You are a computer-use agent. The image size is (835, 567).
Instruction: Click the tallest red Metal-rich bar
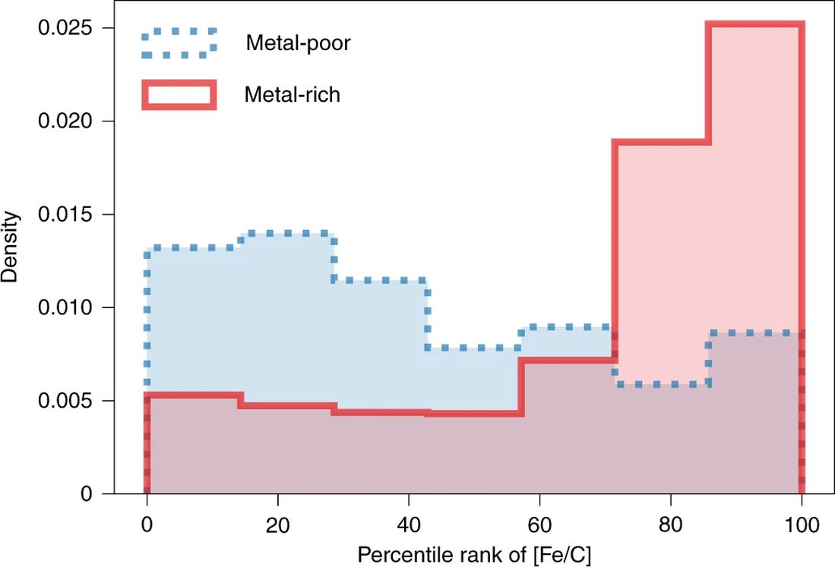[x=754, y=258]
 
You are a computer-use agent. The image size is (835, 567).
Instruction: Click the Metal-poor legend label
[x=298, y=43]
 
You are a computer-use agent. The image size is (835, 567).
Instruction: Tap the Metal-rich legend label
[x=293, y=95]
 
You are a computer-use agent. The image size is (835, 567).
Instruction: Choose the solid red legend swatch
[x=179, y=95]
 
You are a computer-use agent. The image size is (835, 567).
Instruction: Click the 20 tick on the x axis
[x=278, y=524]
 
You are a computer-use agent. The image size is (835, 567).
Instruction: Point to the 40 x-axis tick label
[x=409, y=524]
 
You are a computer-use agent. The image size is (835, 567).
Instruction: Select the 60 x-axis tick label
[x=539, y=524]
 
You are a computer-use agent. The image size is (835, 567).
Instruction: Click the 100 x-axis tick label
[x=802, y=524]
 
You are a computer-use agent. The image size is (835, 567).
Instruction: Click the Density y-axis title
[x=11, y=247]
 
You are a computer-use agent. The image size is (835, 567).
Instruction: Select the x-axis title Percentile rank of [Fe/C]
[x=473, y=553]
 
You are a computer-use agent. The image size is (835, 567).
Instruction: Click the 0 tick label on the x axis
[x=147, y=524]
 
